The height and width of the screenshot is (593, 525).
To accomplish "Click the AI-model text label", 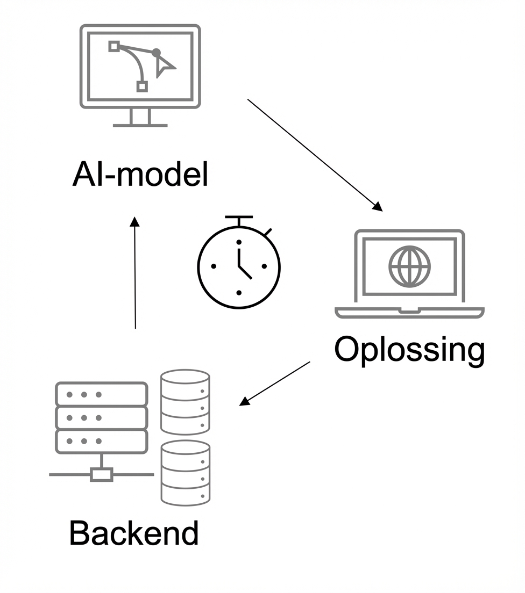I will click(x=140, y=176).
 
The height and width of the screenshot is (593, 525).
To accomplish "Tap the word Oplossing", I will click(x=409, y=350).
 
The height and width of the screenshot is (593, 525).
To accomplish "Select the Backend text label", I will click(x=134, y=533).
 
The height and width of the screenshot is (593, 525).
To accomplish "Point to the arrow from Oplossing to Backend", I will click(x=275, y=383).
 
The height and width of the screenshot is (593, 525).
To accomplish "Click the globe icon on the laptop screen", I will click(x=410, y=266).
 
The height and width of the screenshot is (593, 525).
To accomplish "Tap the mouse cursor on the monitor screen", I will click(x=164, y=67).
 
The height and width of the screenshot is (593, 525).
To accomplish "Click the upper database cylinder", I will click(x=185, y=401).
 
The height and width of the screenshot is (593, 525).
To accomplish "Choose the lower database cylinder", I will click(x=185, y=472).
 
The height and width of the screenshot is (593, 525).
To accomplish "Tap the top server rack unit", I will click(x=101, y=394).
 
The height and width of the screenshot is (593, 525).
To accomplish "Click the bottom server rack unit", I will click(x=101, y=441).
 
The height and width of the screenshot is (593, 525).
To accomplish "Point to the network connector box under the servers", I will click(x=101, y=474).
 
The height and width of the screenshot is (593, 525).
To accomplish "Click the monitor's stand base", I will click(x=140, y=125).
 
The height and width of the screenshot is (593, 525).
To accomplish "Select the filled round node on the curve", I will click(x=156, y=53).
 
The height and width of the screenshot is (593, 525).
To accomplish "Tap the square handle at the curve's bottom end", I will click(x=142, y=86).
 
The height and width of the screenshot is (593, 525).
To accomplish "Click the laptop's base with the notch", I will click(x=409, y=312).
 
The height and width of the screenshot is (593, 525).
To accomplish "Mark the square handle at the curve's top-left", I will click(x=113, y=46).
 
